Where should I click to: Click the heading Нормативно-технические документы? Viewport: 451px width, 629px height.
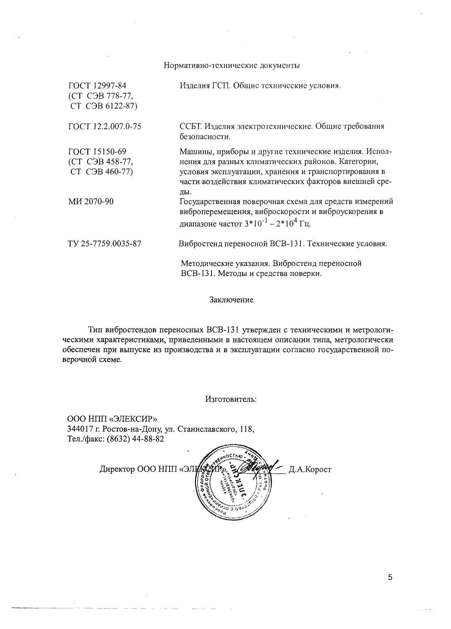tap(232, 66)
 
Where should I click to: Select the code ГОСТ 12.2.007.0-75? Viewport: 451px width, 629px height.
tap(105, 127)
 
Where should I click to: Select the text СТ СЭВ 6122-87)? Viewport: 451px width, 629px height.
tap(104, 106)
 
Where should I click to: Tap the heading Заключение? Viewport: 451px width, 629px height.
tap(231, 300)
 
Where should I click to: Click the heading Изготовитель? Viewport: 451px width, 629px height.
tap(231, 399)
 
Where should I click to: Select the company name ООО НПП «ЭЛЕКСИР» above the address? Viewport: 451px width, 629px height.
tap(112, 419)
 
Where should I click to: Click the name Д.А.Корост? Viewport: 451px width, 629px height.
tap(310, 469)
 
